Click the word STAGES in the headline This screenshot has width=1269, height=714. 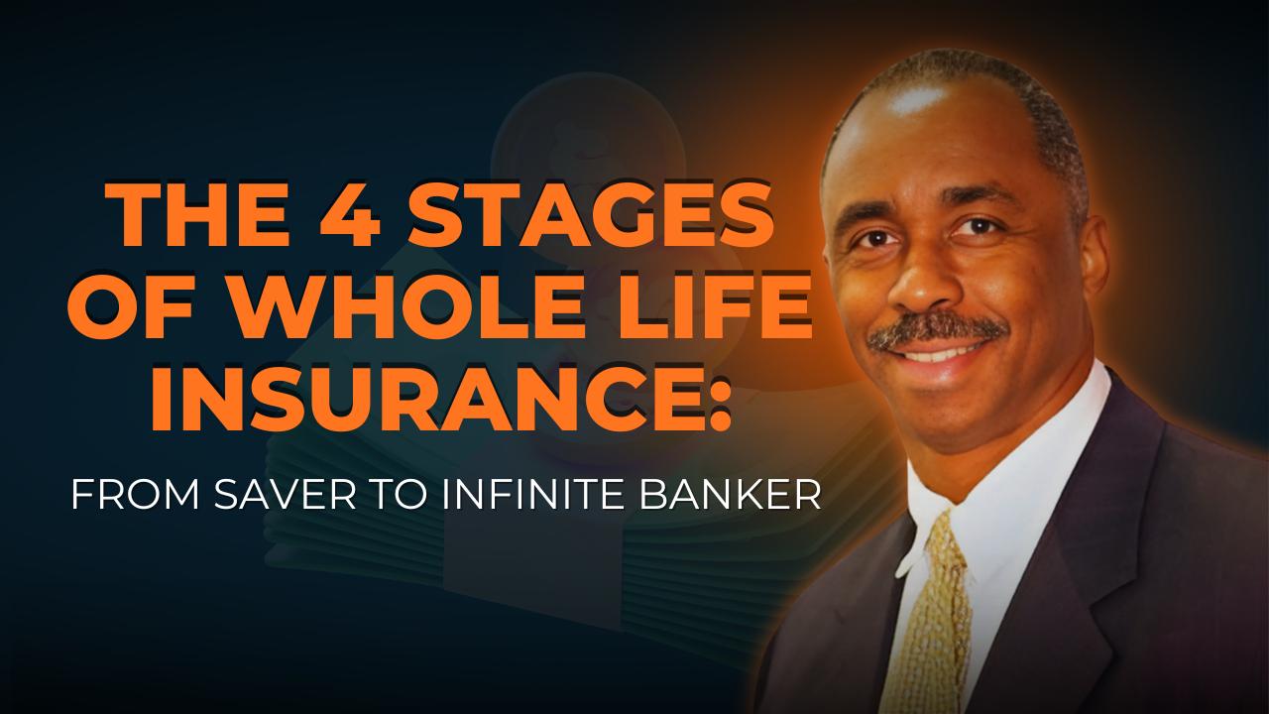pos(591,216)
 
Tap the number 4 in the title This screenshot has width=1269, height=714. pos(350,216)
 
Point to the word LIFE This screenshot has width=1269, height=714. pos(718,307)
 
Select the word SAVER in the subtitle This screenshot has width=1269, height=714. pos(285,495)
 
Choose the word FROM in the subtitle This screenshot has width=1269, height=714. pos(135,495)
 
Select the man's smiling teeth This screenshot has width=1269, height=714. pos(938,355)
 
